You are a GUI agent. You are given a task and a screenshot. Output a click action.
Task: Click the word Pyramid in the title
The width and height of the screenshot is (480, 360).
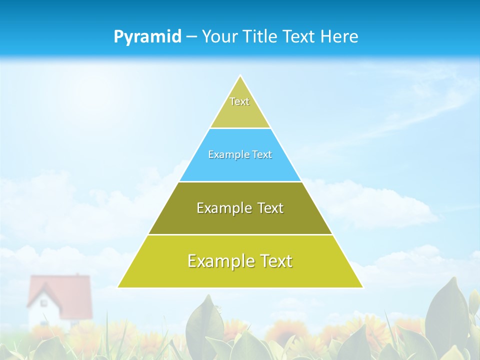tap(147, 37)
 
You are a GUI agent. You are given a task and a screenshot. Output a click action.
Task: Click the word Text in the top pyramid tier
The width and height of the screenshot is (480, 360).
tap(239, 101)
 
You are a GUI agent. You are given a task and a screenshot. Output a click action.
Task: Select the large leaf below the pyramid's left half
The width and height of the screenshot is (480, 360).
tap(205, 325)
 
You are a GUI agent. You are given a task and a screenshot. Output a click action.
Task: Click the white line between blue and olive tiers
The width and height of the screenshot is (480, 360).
tap(240, 181)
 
